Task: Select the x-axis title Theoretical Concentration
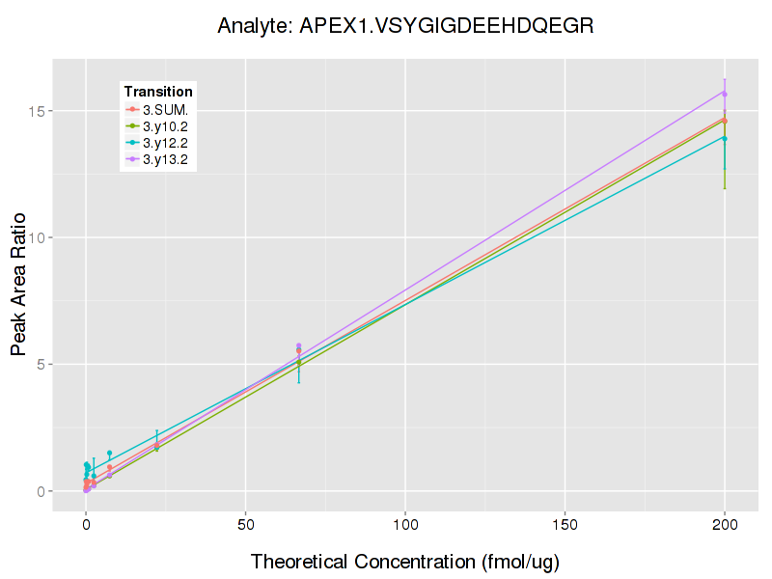pyautogui.click(x=405, y=562)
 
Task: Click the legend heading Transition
pyautogui.click(x=158, y=91)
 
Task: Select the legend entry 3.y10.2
pyautogui.click(x=165, y=125)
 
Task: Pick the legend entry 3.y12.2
pyautogui.click(x=165, y=143)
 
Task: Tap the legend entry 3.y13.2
pyautogui.click(x=165, y=159)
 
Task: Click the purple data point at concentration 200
pyautogui.click(x=724, y=94)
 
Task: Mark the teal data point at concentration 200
pyautogui.click(x=724, y=138)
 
